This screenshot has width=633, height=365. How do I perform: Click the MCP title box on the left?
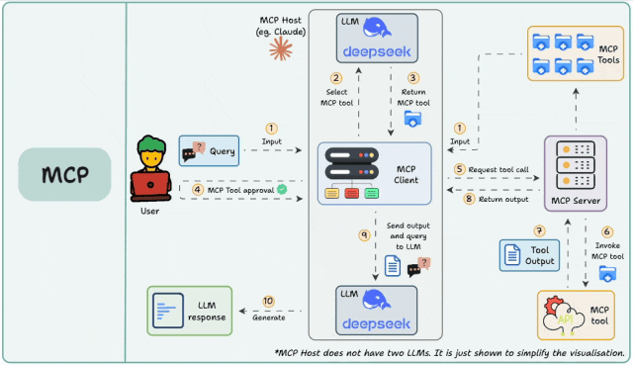(x=64, y=175)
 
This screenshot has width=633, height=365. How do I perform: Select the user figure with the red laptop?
(x=150, y=169)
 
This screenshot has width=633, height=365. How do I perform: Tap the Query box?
(x=211, y=151)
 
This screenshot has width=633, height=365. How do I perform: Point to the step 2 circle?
(x=335, y=78)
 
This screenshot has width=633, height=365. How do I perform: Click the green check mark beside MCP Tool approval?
(x=282, y=188)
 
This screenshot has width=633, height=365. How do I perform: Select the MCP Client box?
(x=375, y=173)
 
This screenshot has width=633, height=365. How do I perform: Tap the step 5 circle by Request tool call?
(x=460, y=169)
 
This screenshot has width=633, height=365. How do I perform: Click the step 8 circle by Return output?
(x=470, y=199)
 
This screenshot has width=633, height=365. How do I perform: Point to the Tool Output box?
(x=529, y=254)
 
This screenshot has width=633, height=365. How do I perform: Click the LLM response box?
(x=191, y=308)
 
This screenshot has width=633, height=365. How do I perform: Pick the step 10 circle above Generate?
(x=268, y=301)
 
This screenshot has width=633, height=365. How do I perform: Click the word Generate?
(x=268, y=317)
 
